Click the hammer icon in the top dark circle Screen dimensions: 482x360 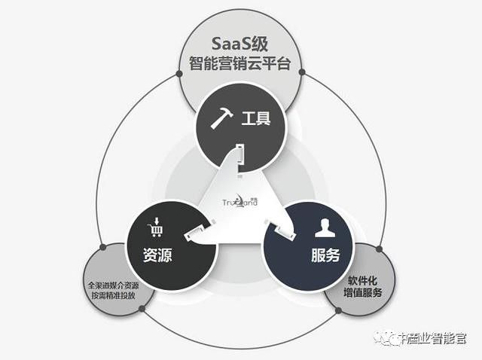[221, 119]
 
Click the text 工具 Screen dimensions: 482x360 [256, 119]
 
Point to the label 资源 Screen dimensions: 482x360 [157, 255]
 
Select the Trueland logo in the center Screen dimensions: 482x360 [241, 201]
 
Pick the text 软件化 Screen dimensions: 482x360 [363, 278]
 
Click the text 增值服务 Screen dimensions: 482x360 [363, 291]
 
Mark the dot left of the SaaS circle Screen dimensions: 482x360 [179, 74]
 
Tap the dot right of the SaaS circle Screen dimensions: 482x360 [302, 73]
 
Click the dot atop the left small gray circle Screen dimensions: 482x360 [102, 246]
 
